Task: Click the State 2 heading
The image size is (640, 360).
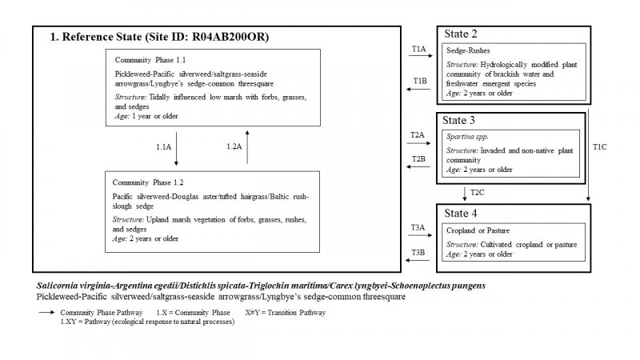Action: (462, 34)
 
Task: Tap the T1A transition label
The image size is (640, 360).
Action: (418, 50)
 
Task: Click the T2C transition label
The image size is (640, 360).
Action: (478, 193)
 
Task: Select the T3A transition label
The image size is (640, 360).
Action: (418, 227)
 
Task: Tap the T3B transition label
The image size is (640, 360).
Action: (418, 253)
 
